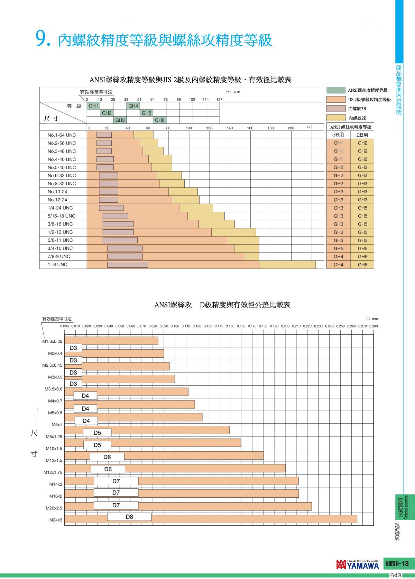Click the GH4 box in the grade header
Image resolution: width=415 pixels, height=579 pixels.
(x=133, y=106)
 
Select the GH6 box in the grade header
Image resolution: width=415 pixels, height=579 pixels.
(x=159, y=120)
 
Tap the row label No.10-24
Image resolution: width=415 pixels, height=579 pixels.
(x=57, y=192)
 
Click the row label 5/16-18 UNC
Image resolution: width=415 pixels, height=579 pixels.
(x=62, y=216)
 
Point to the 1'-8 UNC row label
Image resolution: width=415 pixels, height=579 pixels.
(x=57, y=265)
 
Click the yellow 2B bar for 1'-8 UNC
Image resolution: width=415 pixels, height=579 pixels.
(x=287, y=265)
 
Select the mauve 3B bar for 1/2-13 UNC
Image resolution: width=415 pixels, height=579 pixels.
(x=118, y=232)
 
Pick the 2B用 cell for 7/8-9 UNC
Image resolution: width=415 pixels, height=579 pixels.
(x=362, y=257)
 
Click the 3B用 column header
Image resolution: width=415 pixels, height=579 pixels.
(x=338, y=135)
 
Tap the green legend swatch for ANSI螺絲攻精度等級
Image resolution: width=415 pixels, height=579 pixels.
(x=336, y=90)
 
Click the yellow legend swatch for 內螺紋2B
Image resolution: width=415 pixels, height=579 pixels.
(x=336, y=118)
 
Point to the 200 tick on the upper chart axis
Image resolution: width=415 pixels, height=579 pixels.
(x=291, y=128)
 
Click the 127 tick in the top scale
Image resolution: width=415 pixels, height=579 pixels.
(x=219, y=100)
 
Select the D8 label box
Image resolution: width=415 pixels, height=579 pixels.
(x=129, y=517)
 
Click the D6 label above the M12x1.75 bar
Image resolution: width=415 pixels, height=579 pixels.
(x=108, y=469)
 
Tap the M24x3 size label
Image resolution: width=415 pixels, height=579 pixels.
(x=56, y=520)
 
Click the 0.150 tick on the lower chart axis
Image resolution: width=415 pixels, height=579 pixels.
(x=230, y=326)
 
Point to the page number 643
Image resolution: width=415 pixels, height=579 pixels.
(x=396, y=576)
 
